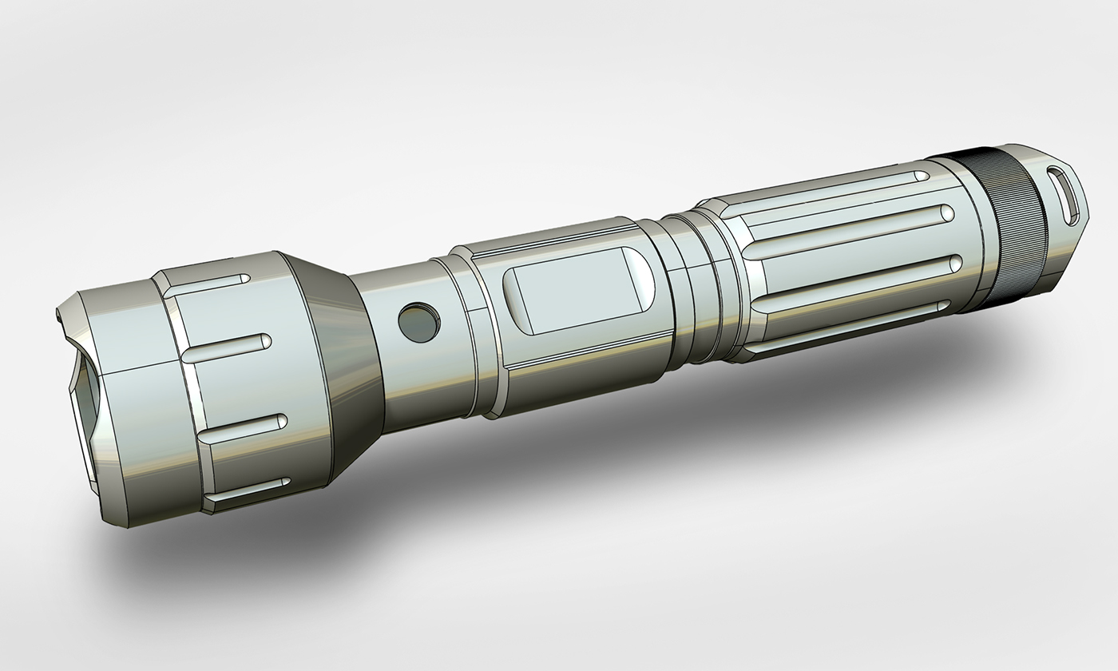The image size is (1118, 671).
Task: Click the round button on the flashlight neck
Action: pos(418,323)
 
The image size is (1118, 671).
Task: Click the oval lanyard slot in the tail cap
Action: pos(1065,197)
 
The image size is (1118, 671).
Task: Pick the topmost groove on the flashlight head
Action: pos(208,284)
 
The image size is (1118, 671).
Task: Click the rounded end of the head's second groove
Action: pos(264,341)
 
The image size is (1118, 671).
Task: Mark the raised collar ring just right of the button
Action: pos(479,335)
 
